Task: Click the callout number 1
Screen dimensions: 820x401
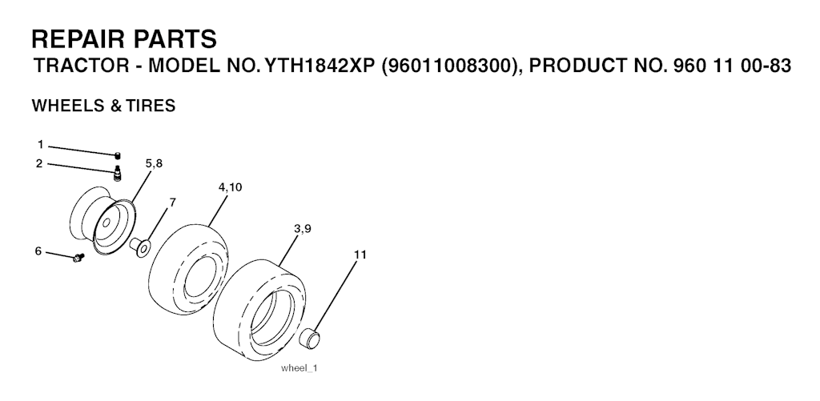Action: [x=40, y=145]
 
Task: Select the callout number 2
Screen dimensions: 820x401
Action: [x=39, y=163]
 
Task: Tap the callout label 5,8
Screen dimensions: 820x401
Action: [x=154, y=163]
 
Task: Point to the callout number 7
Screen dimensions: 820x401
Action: [x=173, y=203]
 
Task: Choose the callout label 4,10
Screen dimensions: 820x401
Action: [x=230, y=187]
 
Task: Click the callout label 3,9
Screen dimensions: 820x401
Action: [x=303, y=228]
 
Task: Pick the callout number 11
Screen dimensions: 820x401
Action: [x=360, y=255]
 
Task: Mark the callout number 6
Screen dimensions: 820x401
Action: [x=38, y=251]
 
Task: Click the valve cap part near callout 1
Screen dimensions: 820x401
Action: [x=118, y=154]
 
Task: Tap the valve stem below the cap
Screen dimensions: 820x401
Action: [x=118, y=173]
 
